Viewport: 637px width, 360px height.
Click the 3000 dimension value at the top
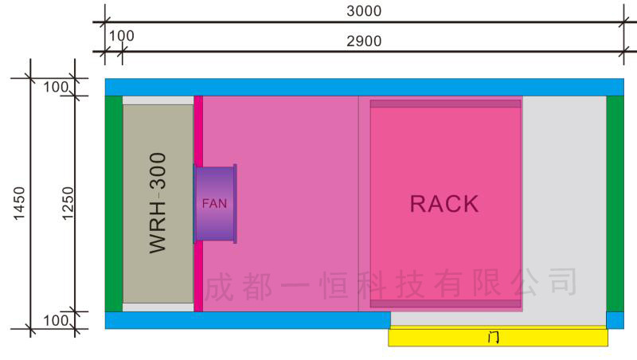tap(364, 10)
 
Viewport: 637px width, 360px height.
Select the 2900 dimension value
tap(364, 41)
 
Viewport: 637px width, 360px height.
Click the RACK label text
tap(444, 204)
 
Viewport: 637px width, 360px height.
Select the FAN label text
tap(214, 203)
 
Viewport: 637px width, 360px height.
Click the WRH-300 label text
tap(158, 203)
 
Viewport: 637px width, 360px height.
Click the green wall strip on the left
tap(114, 203)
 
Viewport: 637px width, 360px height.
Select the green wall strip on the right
tap(615, 203)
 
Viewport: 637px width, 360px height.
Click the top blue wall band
tap(364, 87)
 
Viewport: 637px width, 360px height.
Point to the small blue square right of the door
tap(615, 320)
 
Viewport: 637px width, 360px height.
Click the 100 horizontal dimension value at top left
tap(122, 36)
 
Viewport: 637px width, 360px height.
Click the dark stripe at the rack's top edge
tap(445, 104)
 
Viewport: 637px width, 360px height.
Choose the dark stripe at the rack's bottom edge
tap(445, 303)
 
